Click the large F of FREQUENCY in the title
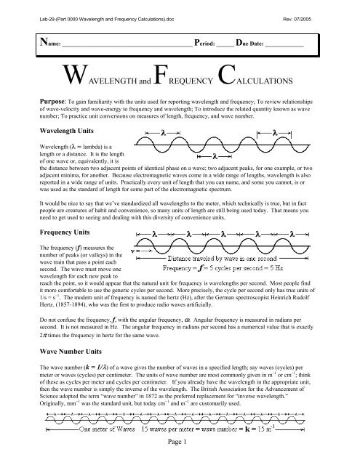(160, 75)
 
